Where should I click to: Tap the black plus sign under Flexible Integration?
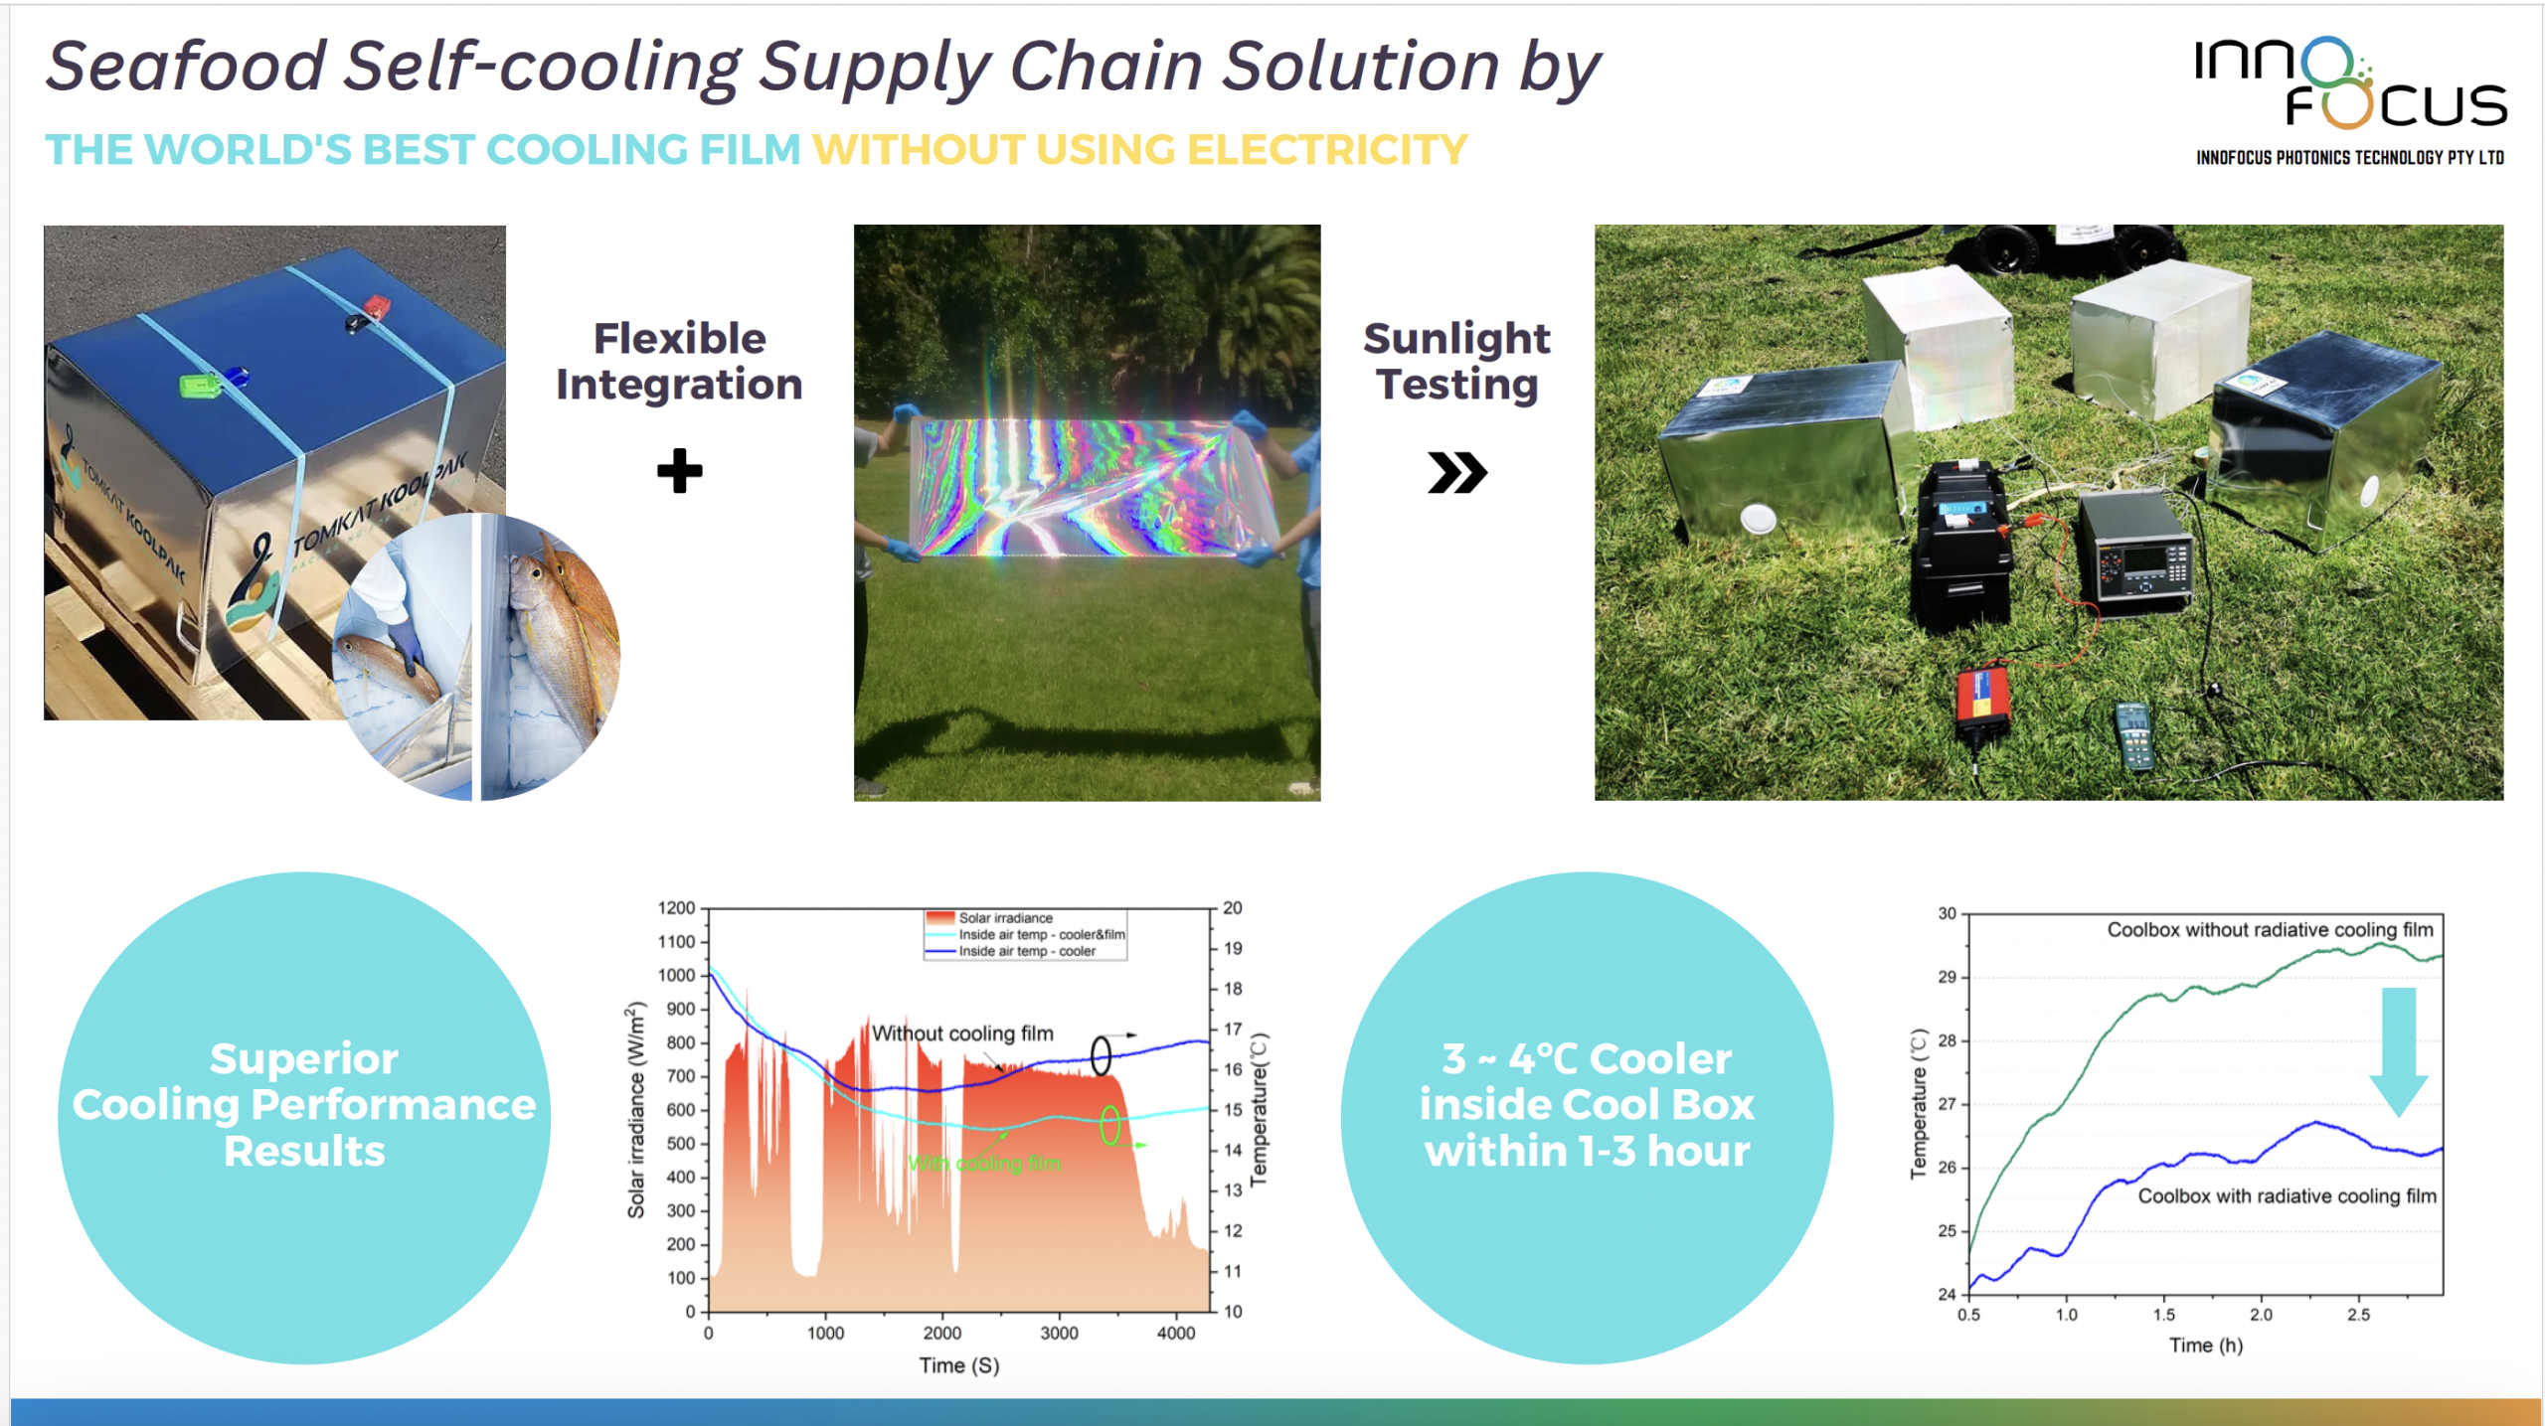point(680,471)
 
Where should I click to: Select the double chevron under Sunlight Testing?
point(1456,472)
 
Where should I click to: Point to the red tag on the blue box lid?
point(377,304)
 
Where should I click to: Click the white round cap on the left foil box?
point(1758,518)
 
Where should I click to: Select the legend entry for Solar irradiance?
point(1004,918)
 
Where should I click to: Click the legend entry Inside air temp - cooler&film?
point(1040,935)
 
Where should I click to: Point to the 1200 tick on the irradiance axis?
point(677,908)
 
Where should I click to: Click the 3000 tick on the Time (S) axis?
point(1059,1334)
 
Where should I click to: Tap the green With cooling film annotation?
point(984,1164)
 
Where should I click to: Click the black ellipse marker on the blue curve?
point(1101,1056)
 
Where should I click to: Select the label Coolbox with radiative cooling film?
point(2287,1196)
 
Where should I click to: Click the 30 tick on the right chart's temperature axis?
point(1947,913)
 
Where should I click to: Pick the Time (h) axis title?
point(2205,1346)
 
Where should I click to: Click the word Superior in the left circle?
point(303,1059)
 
